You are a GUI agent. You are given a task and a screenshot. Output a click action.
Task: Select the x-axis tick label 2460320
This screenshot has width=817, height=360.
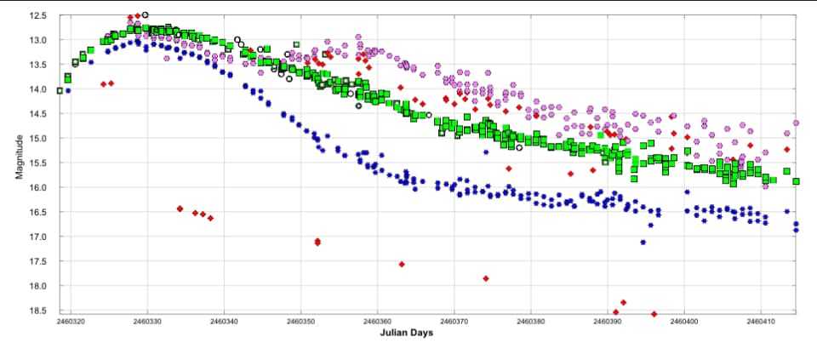point(70,323)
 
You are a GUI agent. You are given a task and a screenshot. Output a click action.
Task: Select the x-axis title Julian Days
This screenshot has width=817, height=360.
point(406,333)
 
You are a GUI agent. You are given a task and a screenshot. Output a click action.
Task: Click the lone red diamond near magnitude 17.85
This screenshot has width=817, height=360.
point(486,278)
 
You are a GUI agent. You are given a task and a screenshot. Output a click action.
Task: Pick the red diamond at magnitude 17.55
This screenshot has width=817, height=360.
point(402,264)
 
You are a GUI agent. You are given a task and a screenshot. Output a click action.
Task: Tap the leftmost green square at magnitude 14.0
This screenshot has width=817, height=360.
point(60,90)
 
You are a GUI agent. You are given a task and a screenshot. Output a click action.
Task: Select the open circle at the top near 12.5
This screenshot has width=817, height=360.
point(146,15)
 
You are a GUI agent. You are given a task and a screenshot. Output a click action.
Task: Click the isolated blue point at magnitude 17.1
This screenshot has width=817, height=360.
point(643,243)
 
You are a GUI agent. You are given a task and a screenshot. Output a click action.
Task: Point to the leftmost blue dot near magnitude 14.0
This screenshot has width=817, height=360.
point(68,90)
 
